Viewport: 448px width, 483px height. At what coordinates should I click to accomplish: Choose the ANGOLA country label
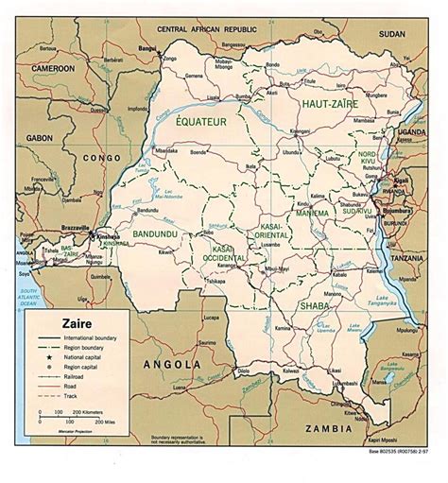click(173, 363)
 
